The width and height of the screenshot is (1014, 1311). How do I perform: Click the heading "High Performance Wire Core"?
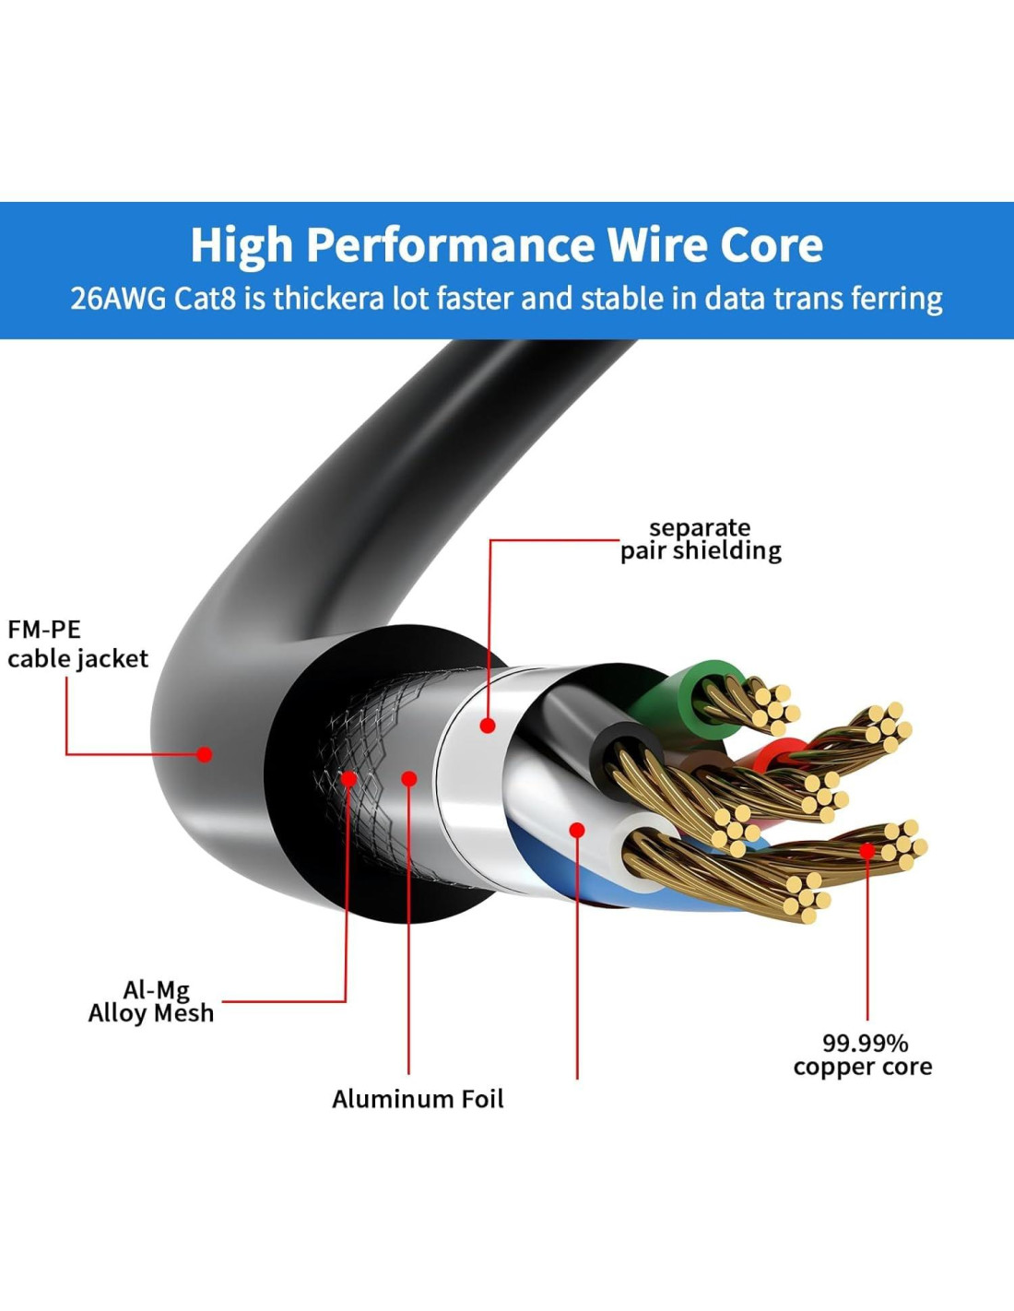click(x=506, y=245)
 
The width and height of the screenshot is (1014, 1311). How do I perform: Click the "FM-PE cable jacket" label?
click(x=77, y=644)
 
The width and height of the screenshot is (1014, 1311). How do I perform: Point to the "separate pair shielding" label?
click(x=701, y=539)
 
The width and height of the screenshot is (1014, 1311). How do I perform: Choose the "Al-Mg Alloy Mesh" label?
click(x=151, y=1002)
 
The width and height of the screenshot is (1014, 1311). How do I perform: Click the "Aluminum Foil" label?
click(x=418, y=1099)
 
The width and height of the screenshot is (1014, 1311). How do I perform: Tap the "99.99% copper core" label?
click(x=863, y=1056)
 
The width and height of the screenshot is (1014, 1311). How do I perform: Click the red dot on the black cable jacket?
click(x=205, y=754)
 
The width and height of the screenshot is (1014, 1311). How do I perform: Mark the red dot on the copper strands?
click(x=867, y=850)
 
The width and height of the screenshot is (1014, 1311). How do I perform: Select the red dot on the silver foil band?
click(x=488, y=726)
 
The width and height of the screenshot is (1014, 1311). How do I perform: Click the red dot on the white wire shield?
click(x=577, y=830)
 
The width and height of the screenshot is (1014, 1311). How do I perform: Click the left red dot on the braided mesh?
click(x=349, y=779)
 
